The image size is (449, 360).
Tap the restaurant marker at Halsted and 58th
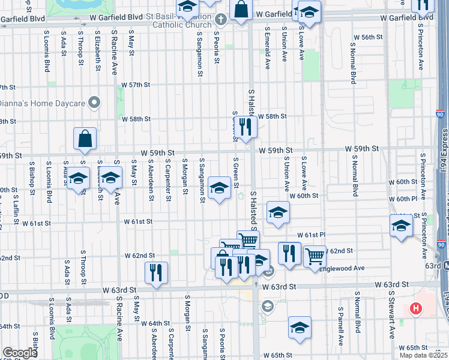pyautogui.click(x=246, y=127)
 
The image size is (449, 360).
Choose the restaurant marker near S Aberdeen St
pyautogui.click(x=156, y=273)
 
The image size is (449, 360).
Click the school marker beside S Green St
pyautogui.click(x=219, y=188)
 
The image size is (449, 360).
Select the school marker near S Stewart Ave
pyautogui.click(x=401, y=226)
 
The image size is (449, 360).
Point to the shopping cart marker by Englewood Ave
pyautogui.click(x=315, y=256)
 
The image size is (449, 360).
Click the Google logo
pyautogui.click(x=20, y=352)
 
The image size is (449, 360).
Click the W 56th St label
pyautogui.click(x=368, y=37)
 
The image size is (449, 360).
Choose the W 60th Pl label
pyautogui.click(x=402, y=199)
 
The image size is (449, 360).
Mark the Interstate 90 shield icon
pyautogui.click(x=440, y=113)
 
